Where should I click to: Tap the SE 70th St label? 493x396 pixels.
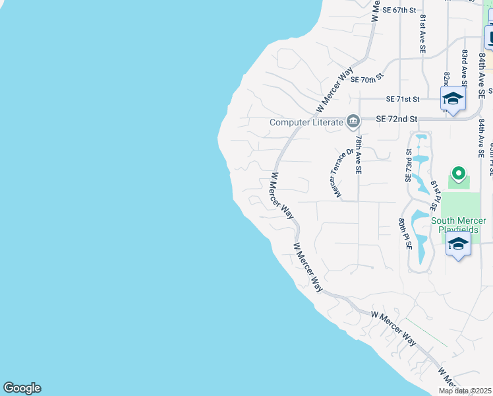(367, 80)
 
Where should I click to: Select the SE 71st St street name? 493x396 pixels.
(403, 99)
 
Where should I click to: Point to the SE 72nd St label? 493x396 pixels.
(397, 119)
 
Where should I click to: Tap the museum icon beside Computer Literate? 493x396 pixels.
(353, 121)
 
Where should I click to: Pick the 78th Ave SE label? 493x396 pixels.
(358, 156)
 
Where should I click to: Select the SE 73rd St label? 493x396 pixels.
(409, 165)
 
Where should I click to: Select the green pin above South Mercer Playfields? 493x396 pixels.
(457, 174)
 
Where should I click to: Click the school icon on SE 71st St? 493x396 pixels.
(453, 100)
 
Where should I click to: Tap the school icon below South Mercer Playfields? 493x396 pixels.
(458, 244)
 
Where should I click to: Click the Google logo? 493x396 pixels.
(22, 388)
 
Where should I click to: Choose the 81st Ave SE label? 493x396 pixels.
(422, 34)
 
